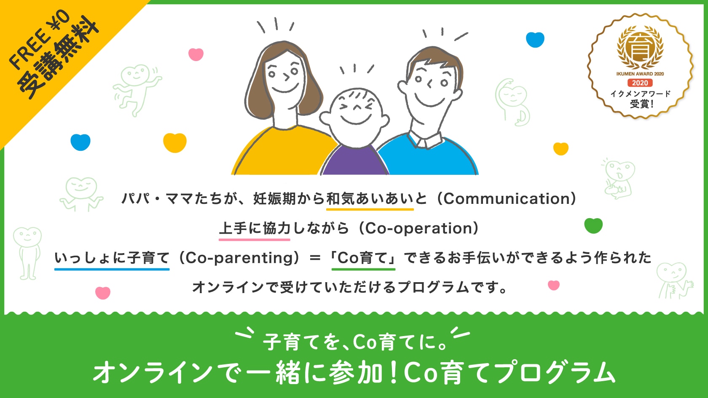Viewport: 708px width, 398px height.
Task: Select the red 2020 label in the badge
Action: pyautogui.click(x=640, y=83)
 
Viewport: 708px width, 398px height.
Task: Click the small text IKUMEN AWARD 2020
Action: pyautogui.click(x=640, y=74)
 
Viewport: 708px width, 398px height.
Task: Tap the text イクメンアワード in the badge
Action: pyautogui.click(x=640, y=93)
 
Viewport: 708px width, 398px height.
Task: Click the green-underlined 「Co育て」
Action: pyautogui.click(x=363, y=258)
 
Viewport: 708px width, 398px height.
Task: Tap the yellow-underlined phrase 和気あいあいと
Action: pyautogui.click(x=370, y=198)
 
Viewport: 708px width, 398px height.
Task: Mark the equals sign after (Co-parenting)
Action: pyautogui.click(x=315, y=258)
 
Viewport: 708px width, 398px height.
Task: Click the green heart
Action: pyautogui.click(x=593, y=226)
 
